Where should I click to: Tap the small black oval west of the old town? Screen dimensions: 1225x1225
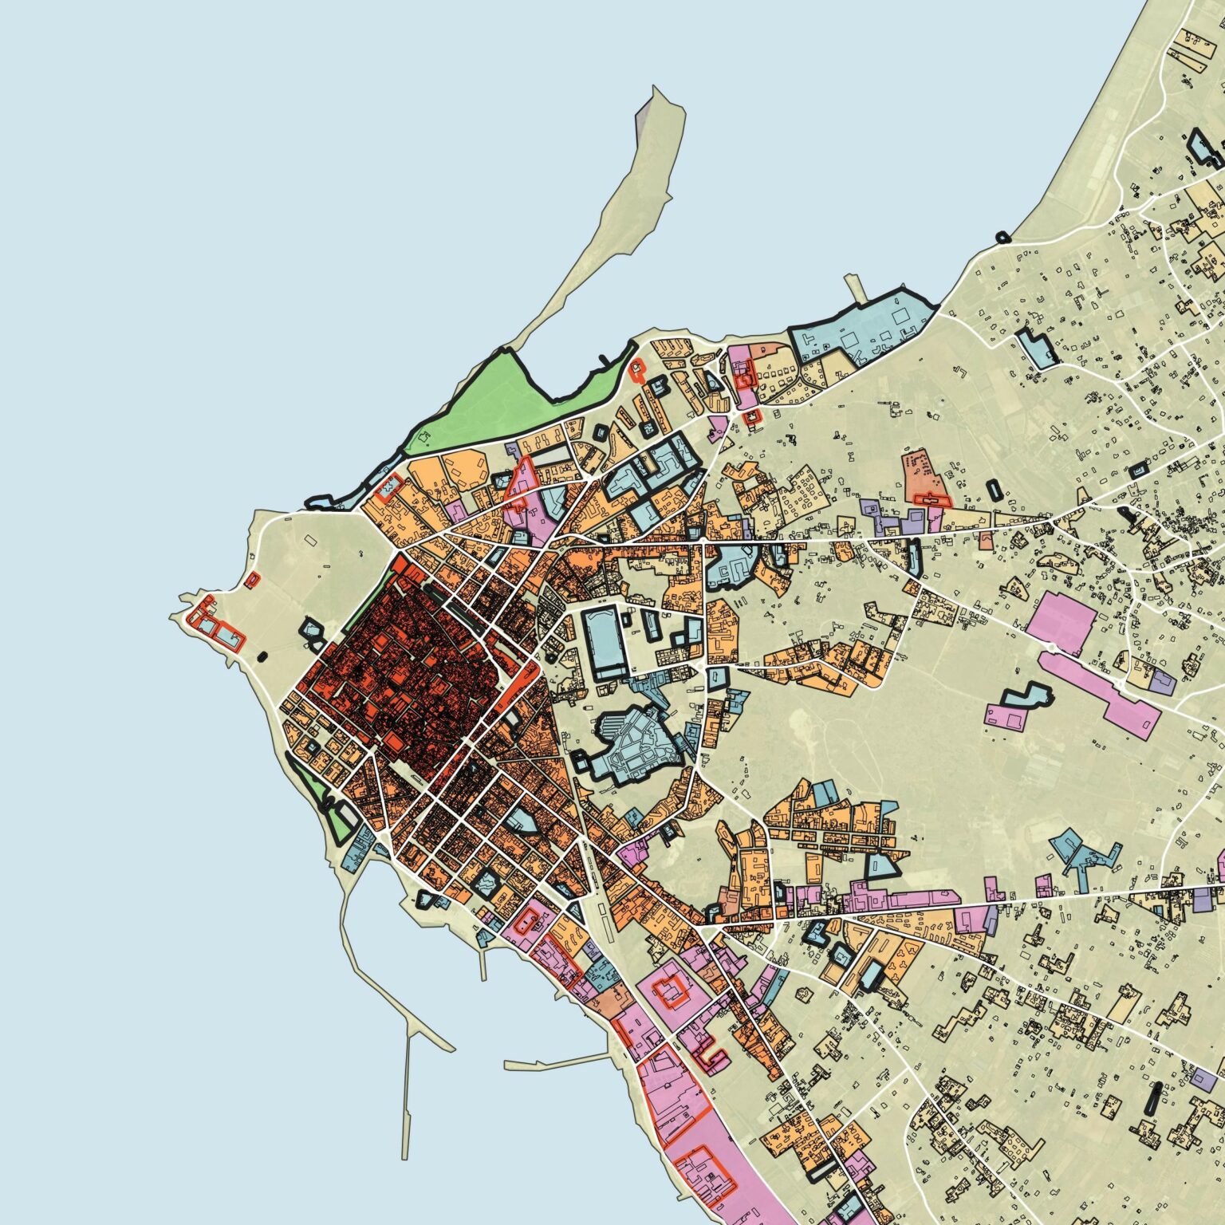click(x=264, y=658)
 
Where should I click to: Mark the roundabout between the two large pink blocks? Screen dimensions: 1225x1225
click(x=1052, y=647)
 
